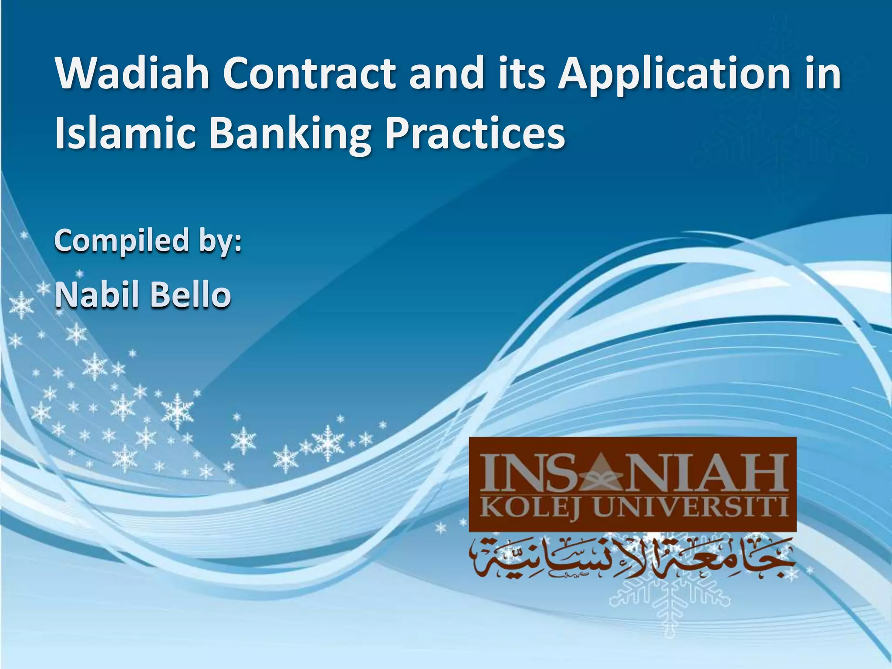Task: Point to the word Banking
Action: pos(290,133)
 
